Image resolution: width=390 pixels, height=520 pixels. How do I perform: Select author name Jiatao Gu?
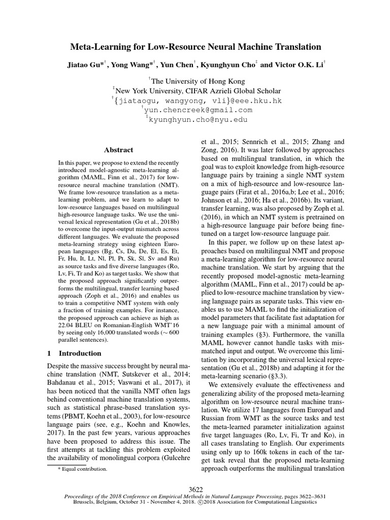[83, 65]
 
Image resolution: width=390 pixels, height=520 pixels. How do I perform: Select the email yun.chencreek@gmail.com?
[199, 110]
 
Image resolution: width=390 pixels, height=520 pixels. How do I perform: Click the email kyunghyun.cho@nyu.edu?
[198, 119]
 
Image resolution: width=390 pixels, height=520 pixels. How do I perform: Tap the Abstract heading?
[118, 150]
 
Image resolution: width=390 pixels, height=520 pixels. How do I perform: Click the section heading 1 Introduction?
[74, 353]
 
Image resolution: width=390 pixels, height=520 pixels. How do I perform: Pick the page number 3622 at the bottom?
[196, 489]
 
